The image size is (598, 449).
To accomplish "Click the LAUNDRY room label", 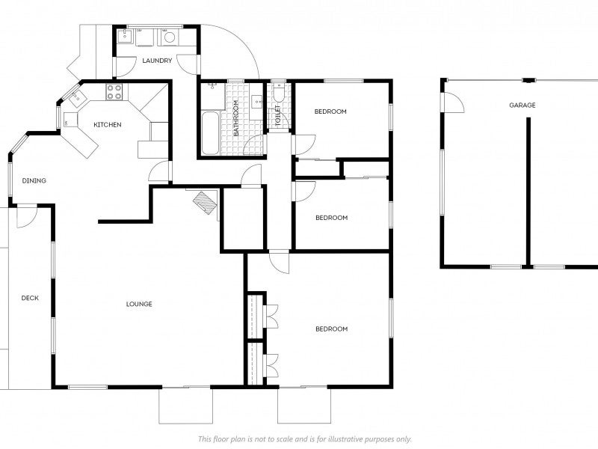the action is (157, 61).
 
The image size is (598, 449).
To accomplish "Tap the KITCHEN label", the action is (108, 124).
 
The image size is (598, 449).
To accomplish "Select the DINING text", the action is (34, 180).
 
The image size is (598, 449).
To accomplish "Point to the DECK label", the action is (30, 298).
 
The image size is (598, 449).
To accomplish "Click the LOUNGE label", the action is (139, 304).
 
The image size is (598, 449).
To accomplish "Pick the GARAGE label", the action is (523, 105).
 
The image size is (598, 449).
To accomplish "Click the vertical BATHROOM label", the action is (235, 118).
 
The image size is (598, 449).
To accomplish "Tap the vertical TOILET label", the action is (277, 115).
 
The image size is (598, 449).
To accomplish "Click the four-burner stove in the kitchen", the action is (114, 91).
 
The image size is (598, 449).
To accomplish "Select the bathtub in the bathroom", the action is (210, 133).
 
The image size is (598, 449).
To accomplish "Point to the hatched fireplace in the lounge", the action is (205, 202).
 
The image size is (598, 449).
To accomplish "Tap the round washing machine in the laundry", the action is (170, 37).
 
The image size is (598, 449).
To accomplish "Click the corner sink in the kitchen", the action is (75, 97).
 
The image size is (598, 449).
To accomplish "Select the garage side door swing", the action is (454, 103).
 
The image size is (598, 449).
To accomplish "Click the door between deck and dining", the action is (27, 217).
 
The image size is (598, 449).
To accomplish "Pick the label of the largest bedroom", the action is (331, 329).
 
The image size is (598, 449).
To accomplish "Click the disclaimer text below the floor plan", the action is (305, 439).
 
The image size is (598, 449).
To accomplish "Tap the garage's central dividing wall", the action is (528, 192).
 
